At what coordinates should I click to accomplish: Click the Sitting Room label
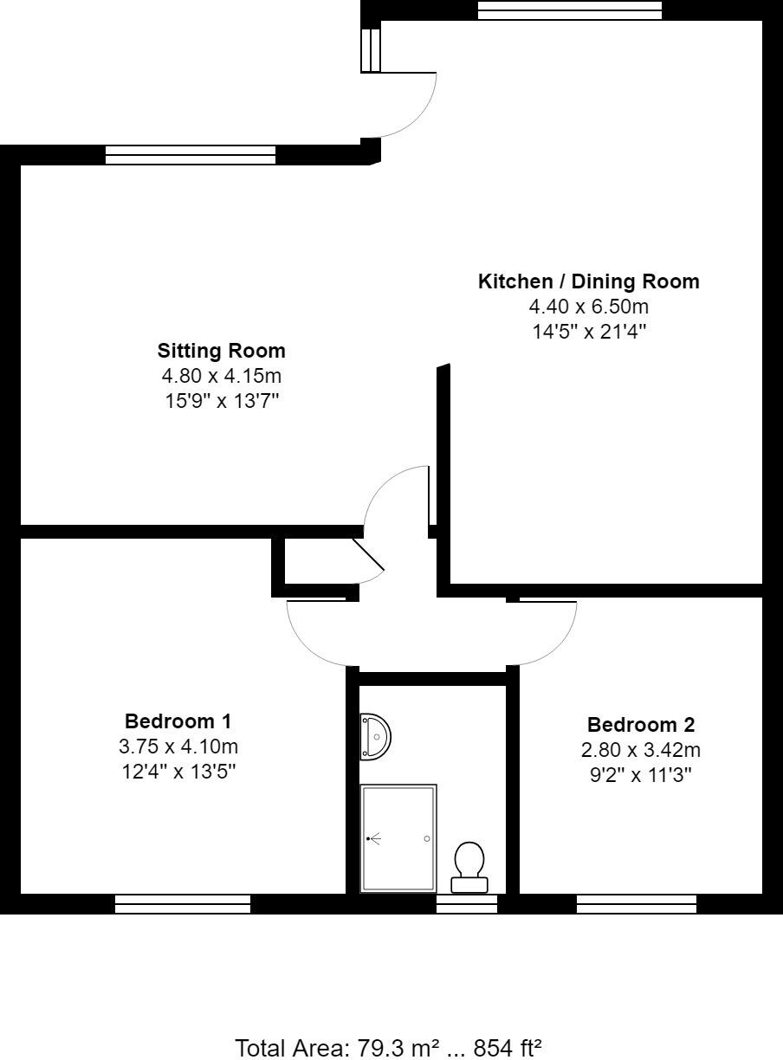click(x=221, y=351)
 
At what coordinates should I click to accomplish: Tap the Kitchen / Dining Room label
click(x=588, y=281)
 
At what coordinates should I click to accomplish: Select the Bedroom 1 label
click(x=178, y=721)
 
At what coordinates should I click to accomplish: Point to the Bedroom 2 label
click(x=640, y=725)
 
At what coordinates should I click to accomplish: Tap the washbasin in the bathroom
click(x=376, y=736)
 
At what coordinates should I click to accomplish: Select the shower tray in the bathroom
click(x=398, y=838)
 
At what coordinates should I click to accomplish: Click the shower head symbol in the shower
click(x=372, y=838)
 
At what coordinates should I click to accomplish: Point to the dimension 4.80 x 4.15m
click(x=221, y=376)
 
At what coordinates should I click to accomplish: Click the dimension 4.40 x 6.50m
click(x=588, y=307)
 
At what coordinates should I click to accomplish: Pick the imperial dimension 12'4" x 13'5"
click(x=178, y=771)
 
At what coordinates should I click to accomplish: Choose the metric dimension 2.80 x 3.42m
click(x=640, y=750)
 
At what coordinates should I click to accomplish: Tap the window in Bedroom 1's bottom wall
click(x=183, y=904)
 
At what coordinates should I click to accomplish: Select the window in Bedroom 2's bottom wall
click(x=637, y=904)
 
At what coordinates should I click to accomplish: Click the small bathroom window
click(x=466, y=904)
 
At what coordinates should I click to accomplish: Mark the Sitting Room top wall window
click(x=190, y=155)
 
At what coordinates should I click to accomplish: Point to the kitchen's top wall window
click(x=569, y=10)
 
